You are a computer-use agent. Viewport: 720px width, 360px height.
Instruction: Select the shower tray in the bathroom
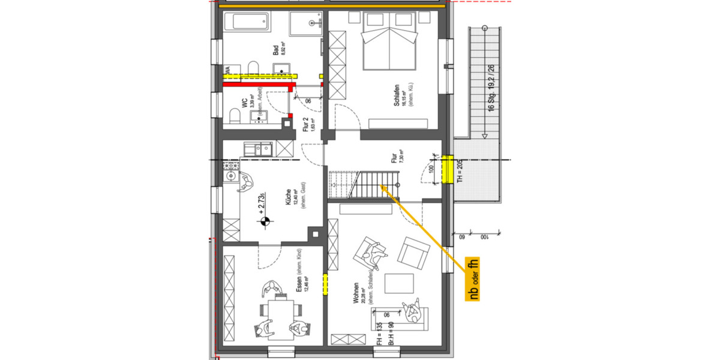tap(307, 24)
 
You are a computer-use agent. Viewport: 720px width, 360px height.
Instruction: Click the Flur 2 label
tap(305, 127)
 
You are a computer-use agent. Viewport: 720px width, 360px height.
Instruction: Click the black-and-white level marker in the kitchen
tap(263, 223)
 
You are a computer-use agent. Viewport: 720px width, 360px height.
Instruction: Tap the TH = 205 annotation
tap(460, 171)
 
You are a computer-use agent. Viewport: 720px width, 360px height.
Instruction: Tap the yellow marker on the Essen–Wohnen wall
tap(325, 284)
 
